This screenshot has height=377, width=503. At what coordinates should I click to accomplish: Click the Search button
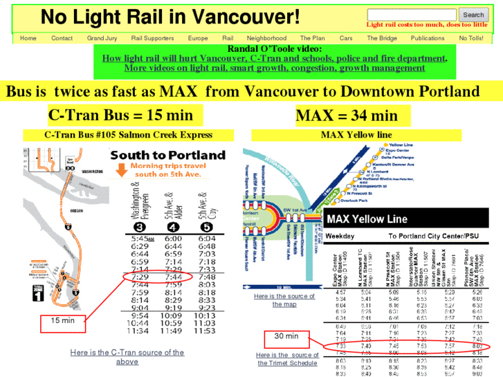[473, 15]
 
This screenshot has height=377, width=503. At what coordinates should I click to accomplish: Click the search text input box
[411, 15]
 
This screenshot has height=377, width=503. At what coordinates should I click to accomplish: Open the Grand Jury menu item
[102, 38]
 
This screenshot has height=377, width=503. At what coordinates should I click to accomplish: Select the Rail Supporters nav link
[152, 38]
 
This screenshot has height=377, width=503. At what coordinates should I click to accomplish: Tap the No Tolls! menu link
[471, 38]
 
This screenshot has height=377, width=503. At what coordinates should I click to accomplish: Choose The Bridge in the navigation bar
[382, 38]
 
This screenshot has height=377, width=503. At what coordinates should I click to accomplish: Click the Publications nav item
[428, 38]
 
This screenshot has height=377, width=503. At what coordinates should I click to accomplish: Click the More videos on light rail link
[275, 68]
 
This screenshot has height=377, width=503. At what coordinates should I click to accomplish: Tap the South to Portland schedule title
[168, 155]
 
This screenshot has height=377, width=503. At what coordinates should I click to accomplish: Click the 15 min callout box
[62, 320]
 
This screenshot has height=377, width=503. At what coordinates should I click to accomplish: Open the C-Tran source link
[127, 357]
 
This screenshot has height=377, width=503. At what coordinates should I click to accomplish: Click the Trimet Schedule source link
[287, 359]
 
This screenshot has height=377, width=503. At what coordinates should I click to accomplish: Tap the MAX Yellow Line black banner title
[367, 219]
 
